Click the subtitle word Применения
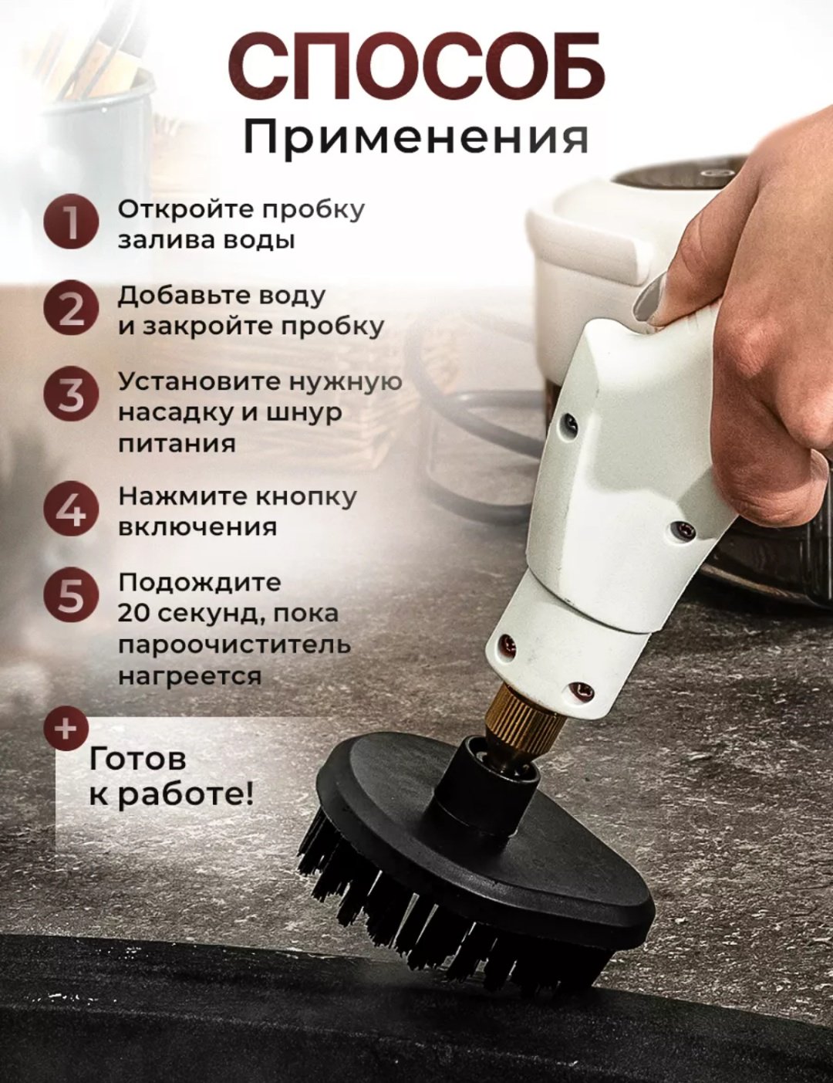click(x=416, y=138)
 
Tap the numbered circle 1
click(x=70, y=224)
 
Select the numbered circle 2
click(x=70, y=310)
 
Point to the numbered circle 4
click(x=70, y=510)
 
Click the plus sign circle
click(x=66, y=730)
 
